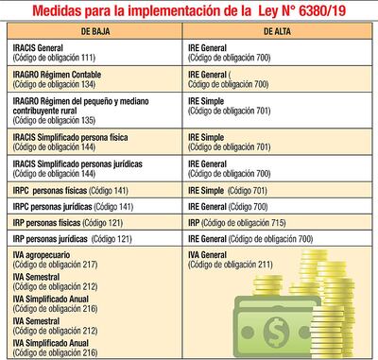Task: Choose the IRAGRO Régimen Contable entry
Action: tap(66, 72)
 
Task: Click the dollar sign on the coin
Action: tap(280, 334)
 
